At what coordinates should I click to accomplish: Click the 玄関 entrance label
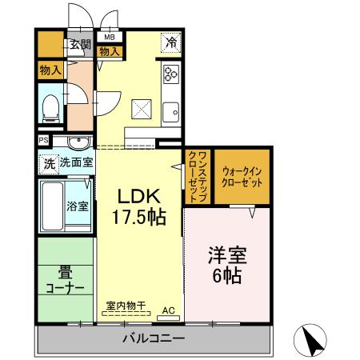tap(79, 45)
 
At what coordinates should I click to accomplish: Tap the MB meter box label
tap(109, 37)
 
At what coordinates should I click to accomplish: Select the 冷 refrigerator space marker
tap(170, 42)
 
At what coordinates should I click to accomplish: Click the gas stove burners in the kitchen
tap(170, 74)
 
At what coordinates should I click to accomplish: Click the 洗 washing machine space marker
tap(49, 163)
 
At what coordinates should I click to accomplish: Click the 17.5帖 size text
tap(141, 217)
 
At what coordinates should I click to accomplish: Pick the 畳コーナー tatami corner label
tap(65, 280)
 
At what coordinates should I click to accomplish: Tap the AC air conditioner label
tap(170, 310)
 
